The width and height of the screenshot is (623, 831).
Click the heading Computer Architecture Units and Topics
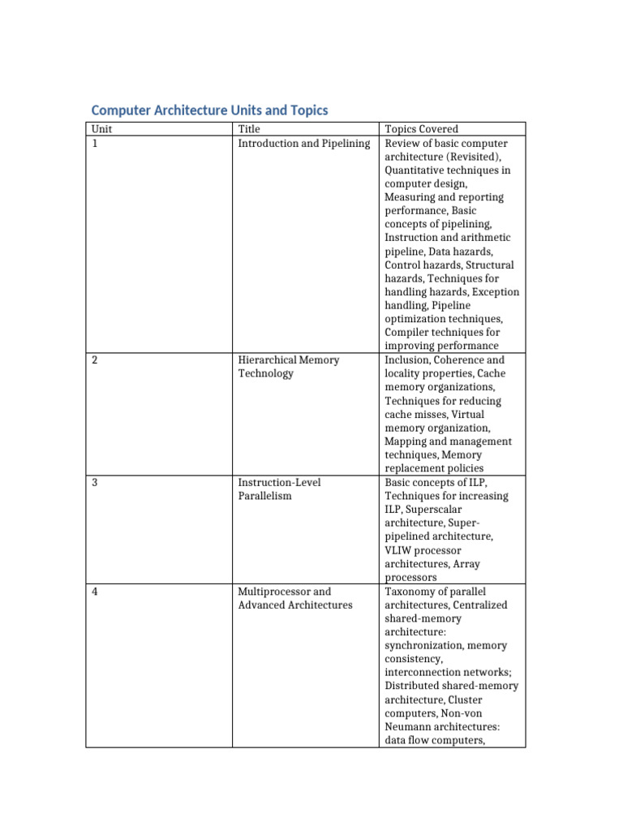209,110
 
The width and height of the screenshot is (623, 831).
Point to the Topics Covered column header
421,129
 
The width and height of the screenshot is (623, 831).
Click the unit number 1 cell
95,144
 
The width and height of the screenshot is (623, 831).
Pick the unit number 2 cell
95,360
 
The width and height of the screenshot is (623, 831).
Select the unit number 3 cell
95,483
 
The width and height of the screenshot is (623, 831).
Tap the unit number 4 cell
95,592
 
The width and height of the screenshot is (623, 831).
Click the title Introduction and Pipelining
303,144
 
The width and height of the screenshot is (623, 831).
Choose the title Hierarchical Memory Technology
288,367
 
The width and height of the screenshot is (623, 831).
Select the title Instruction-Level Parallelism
279,489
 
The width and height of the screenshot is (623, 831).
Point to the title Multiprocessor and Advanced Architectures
294,598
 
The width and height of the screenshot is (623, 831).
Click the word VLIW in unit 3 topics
398,550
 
